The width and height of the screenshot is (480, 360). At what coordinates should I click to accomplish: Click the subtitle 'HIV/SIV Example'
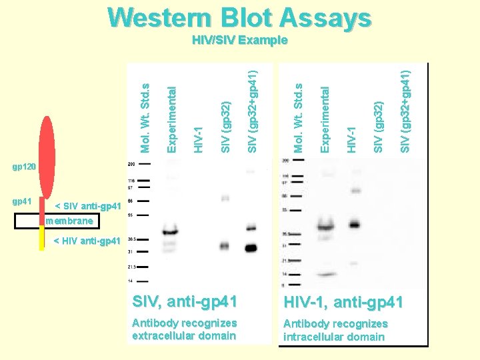pos(239,40)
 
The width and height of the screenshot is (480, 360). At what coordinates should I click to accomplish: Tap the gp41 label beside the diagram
pos(21,201)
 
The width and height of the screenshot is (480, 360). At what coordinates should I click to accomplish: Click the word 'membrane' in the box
pos(73,220)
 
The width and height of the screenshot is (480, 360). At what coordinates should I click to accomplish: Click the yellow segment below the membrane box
pos(41,238)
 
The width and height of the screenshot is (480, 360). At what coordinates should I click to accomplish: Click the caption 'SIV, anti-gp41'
pos(185,302)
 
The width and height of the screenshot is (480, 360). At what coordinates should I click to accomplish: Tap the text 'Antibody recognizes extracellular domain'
pos(184,329)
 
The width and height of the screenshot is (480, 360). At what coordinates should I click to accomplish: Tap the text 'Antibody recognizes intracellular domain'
pos(335,330)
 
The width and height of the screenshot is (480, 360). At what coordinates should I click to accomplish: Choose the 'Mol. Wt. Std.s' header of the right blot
pos(299,117)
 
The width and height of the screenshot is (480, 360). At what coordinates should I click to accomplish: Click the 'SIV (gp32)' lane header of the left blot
pos(225,126)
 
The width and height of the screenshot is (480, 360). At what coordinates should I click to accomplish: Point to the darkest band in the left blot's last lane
pos(251,249)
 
